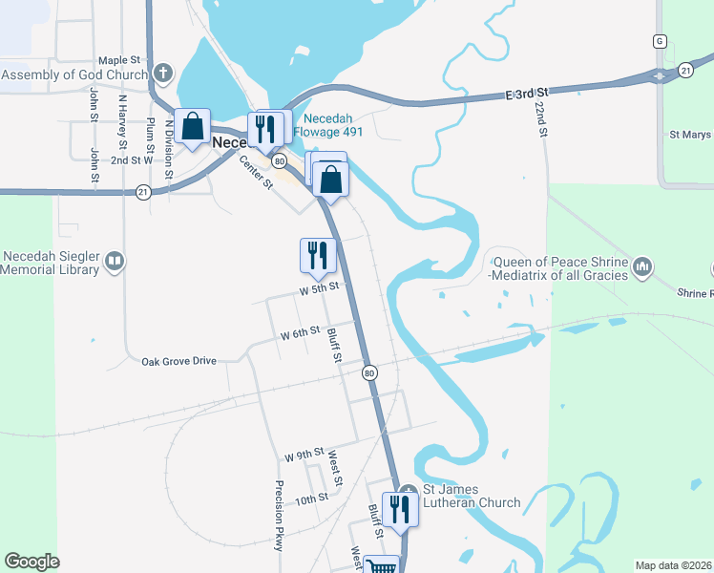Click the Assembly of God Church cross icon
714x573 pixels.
pyautogui.click(x=163, y=74)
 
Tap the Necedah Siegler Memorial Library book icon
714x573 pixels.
pyautogui.click(x=114, y=261)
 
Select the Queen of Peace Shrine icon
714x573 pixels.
pyautogui.click(x=641, y=264)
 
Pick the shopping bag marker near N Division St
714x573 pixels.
pyautogui.click(x=192, y=128)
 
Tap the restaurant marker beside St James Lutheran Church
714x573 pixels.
pyautogui.click(x=399, y=508)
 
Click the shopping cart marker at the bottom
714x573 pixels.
pyautogui.click(x=382, y=566)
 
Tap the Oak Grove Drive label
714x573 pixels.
pyautogui.click(x=179, y=361)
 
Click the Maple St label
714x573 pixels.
pyautogui.click(x=118, y=60)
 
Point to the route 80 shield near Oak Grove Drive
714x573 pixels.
pyautogui.click(x=368, y=371)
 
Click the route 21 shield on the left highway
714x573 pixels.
pyautogui.click(x=143, y=191)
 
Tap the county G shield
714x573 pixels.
pyautogui.click(x=659, y=41)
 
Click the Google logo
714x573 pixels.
pyautogui.click(x=31, y=562)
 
